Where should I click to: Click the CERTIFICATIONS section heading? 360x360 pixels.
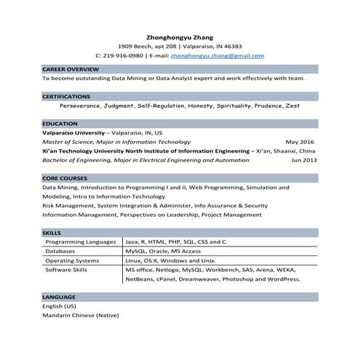66,96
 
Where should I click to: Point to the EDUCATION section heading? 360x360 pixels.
60,124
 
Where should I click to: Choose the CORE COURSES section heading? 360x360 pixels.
65,178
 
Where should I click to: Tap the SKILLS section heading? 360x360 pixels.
52,233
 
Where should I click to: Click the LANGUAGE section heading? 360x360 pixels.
59,297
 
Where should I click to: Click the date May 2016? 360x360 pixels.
300,142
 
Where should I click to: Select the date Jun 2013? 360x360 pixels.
304,159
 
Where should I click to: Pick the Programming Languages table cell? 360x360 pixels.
81,241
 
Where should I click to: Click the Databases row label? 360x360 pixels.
60,251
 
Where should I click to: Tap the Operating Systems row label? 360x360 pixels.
72,260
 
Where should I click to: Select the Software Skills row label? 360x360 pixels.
66,270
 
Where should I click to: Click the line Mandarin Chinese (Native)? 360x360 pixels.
80,316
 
